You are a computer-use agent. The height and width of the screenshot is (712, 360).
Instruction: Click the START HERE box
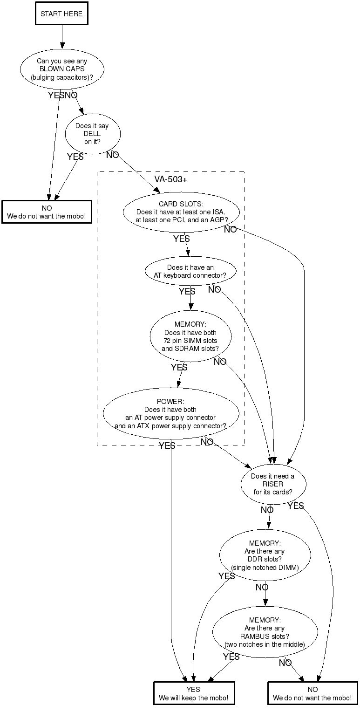[61, 14]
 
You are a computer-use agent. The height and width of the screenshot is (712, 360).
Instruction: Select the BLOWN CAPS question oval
[62, 69]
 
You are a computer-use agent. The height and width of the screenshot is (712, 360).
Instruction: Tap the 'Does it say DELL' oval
[92, 134]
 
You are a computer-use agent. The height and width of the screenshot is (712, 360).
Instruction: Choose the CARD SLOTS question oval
[181, 212]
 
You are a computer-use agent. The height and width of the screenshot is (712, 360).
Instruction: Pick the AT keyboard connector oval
[190, 271]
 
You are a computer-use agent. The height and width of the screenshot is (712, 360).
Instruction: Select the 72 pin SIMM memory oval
[190, 336]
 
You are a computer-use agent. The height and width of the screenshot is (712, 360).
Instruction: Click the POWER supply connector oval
[170, 414]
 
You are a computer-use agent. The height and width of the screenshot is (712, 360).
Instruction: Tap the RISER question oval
[273, 484]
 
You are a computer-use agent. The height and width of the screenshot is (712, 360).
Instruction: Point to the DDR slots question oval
[265, 555]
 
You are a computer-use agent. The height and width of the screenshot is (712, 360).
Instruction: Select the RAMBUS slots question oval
[265, 632]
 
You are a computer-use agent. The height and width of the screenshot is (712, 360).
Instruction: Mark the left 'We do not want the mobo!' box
[47, 212]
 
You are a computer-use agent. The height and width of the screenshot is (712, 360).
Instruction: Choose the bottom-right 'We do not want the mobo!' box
[312, 693]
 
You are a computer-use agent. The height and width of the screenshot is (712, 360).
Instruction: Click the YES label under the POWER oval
[167, 446]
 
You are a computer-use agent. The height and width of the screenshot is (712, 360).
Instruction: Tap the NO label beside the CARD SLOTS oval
[230, 230]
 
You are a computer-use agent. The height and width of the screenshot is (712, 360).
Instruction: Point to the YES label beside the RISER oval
[296, 506]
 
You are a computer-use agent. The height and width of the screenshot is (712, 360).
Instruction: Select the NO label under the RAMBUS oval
[285, 663]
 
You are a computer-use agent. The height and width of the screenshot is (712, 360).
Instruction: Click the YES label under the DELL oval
[75, 157]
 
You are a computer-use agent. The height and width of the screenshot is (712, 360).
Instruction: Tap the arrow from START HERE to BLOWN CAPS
[61, 36]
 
